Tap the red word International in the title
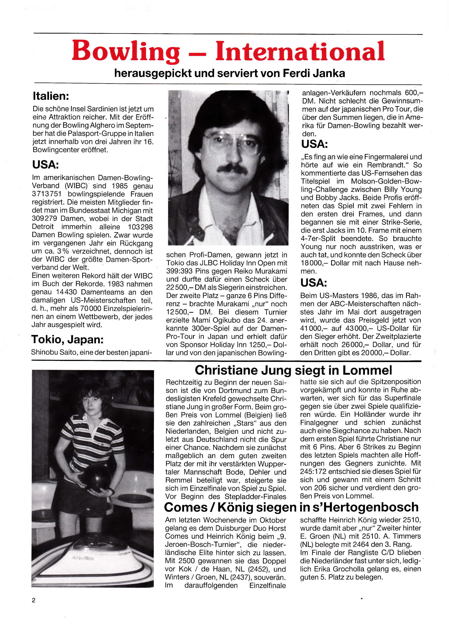(x=300, y=51)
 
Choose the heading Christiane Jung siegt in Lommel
(x=293, y=370)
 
